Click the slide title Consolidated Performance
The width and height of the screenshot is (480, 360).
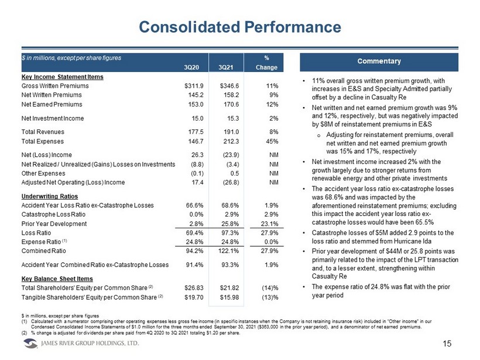[x=240, y=27]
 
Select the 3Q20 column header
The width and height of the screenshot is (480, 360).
[x=191, y=67]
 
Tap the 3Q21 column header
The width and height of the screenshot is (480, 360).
[x=226, y=67]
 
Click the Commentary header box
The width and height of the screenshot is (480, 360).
[x=379, y=62]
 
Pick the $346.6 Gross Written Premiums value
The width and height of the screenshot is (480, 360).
[x=229, y=86]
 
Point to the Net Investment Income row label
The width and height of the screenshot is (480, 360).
[x=53, y=118]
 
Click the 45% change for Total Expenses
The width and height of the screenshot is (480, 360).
[x=272, y=142]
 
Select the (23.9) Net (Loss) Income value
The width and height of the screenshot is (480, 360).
[x=231, y=155]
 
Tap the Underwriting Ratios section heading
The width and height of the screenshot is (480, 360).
[x=50, y=197]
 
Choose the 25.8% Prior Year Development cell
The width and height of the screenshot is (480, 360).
[x=230, y=224]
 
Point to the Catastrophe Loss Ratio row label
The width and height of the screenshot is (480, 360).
[x=53, y=214]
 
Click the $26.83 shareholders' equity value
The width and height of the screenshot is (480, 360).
[x=194, y=288]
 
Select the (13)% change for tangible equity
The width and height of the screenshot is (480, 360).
[x=270, y=297]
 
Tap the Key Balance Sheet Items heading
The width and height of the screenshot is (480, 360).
[x=57, y=279]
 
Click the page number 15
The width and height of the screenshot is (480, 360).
[x=447, y=344]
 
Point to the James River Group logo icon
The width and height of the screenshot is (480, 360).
[x=30, y=344]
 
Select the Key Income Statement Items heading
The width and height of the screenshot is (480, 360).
[x=63, y=77]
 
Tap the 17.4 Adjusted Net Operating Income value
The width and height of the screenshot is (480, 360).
[x=197, y=183]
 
